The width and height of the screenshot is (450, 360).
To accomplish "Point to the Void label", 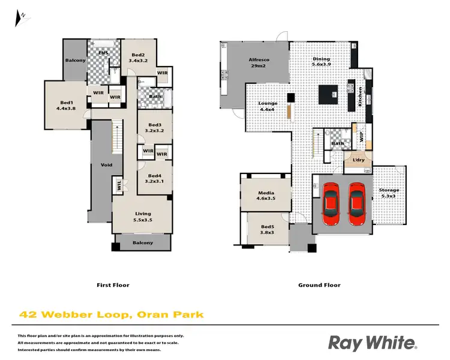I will [x=106, y=164].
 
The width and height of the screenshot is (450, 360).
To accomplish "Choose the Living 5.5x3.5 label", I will [x=143, y=217].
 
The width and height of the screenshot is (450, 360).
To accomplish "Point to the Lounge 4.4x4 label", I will [x=268, y=106].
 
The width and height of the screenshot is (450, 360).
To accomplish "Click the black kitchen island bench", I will [x=328, y=94].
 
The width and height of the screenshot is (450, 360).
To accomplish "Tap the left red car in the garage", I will [x=331, y=203].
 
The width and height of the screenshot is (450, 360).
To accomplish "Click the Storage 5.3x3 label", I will [x=389, y=193].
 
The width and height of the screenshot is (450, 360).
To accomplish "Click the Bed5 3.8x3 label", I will [x=267, y=230].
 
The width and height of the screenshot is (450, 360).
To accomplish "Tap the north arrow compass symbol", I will [x=22, y=18].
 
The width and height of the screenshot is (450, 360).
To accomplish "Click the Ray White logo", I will [x=372, y=343].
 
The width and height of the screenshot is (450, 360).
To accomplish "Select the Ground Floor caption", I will [x=319, y=285].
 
